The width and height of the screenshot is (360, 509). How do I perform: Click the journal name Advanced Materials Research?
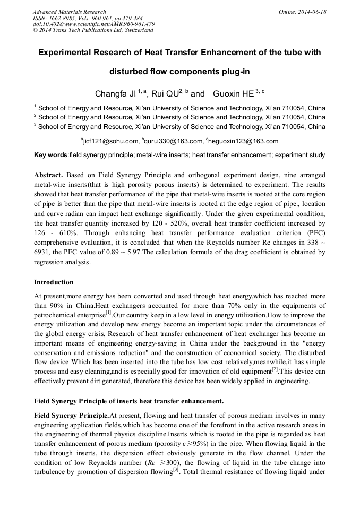pyautogui.click(x=69, y=12)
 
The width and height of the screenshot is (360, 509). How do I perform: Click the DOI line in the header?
pyautogui.click(x=93, y=24)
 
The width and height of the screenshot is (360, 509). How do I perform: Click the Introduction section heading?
pyautogui.click(x=54, y=282)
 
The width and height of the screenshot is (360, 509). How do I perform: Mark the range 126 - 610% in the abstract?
pyautogui.click(x=54, y=233)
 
